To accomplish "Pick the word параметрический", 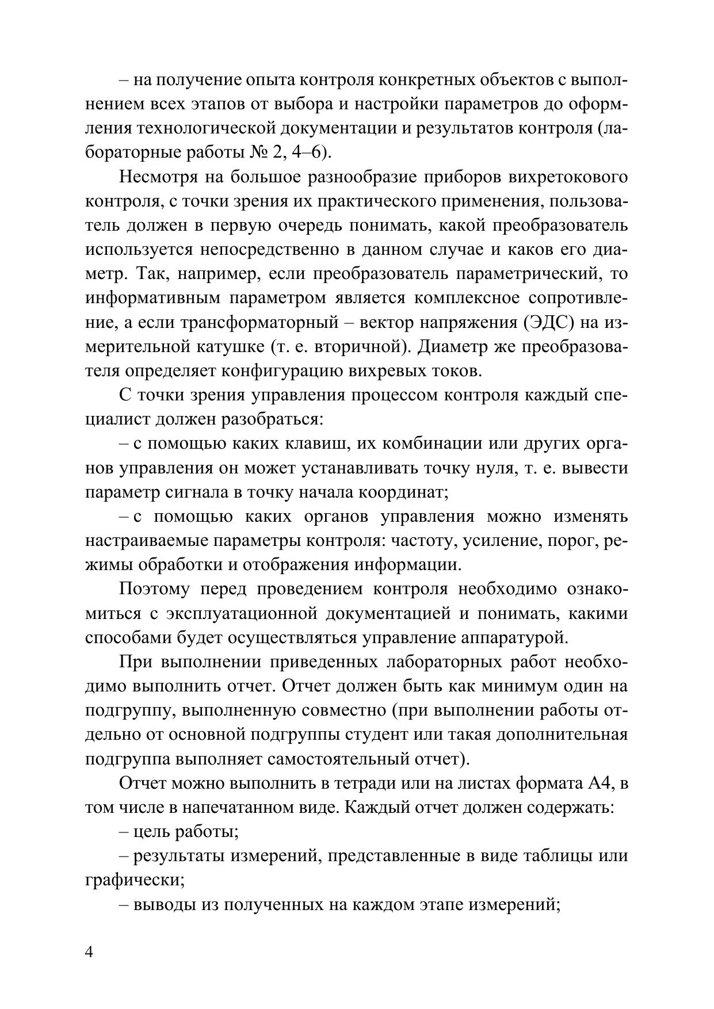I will [526, 274].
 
